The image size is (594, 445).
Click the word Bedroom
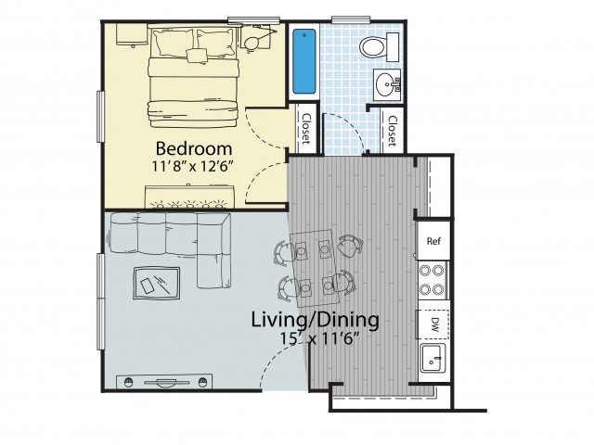193,148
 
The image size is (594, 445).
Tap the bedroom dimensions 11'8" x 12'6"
193,167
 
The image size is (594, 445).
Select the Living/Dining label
315,321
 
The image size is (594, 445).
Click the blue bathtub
304,61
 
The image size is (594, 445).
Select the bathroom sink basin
386,84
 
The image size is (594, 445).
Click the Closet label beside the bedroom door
306,131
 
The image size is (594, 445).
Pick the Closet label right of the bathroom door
392,131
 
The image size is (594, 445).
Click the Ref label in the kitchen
433,241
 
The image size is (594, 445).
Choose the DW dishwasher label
433,324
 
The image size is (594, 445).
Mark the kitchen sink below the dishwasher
432,358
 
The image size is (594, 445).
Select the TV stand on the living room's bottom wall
163,382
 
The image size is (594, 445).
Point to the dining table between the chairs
314,265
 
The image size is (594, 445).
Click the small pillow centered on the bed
198,56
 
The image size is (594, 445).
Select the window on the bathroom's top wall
348,19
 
